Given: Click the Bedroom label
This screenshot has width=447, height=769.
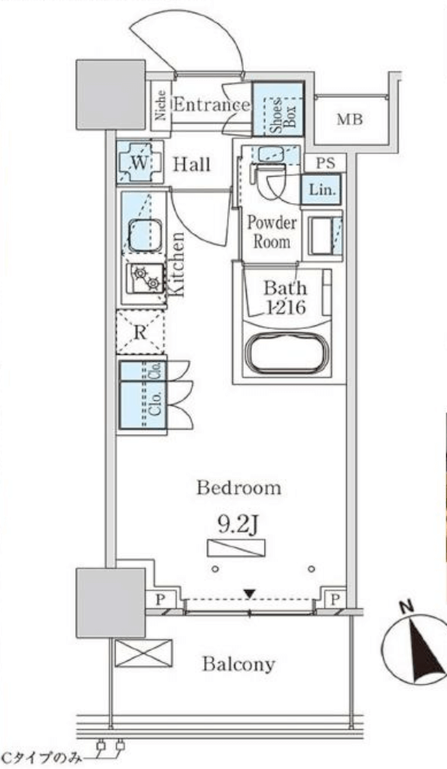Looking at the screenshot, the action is [x=239, y=488].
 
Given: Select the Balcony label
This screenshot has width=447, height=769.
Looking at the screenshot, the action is [x=238, y=665].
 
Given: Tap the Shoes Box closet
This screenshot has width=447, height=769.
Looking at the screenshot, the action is [x=278, y=109].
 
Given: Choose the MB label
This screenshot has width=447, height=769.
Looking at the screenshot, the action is [x=350, y=119].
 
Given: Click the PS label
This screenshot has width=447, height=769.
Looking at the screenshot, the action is [x=325, y=163].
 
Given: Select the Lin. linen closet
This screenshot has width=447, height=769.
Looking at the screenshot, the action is [x=322, y=189].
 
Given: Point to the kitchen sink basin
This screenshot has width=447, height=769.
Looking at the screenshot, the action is [x=146, y=235].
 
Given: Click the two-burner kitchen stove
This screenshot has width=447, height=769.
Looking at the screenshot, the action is [x=146, y=278].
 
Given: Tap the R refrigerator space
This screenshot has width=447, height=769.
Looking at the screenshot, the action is [x=140, y=332].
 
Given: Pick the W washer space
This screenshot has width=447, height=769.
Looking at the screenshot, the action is [x=139, y=163].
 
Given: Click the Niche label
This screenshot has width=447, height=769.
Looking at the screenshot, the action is [x=160, y=105].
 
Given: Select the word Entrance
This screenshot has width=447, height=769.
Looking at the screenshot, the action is [x=212, y=104].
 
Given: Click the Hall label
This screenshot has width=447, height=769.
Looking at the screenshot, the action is [x=192, y=164].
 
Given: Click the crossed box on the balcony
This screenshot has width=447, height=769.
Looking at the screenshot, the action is [x=144, y=653].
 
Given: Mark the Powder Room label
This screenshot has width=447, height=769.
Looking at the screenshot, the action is [x=271, y=232].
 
